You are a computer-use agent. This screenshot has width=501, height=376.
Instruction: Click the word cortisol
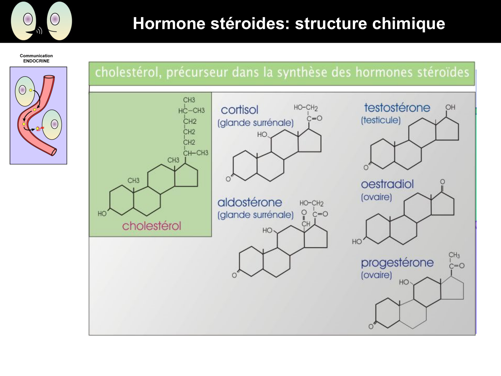tap(239, 110)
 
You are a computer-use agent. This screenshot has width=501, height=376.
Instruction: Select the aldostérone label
tap(249, 203)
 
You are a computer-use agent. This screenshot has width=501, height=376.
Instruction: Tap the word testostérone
tap(397, 108)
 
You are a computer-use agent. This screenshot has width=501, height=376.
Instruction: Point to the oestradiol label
tap(387, 184)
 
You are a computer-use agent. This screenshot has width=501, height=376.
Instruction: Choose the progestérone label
tap(397, 263)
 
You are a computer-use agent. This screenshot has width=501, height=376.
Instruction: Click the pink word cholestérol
tap(151, 226)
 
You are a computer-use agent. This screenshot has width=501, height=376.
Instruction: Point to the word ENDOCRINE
tap(36, 61)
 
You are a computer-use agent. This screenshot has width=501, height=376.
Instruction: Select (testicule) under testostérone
tap(380, 120)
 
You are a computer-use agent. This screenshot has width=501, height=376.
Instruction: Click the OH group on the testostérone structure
tap(450, 107)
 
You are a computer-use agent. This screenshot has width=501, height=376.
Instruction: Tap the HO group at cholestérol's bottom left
tap(102, 214)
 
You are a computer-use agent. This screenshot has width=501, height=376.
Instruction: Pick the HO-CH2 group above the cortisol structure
tap(306, 108)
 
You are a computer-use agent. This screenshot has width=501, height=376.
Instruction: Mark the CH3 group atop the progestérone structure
tap(454, 255)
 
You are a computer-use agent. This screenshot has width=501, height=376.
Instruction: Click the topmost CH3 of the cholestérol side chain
tap(189, 100)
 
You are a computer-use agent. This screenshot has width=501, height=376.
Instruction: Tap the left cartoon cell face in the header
tap(24, 21)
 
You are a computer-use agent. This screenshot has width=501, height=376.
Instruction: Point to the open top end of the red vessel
tap(49, 78)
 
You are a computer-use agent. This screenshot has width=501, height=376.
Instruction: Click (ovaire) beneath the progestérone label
tap(376, 275)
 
